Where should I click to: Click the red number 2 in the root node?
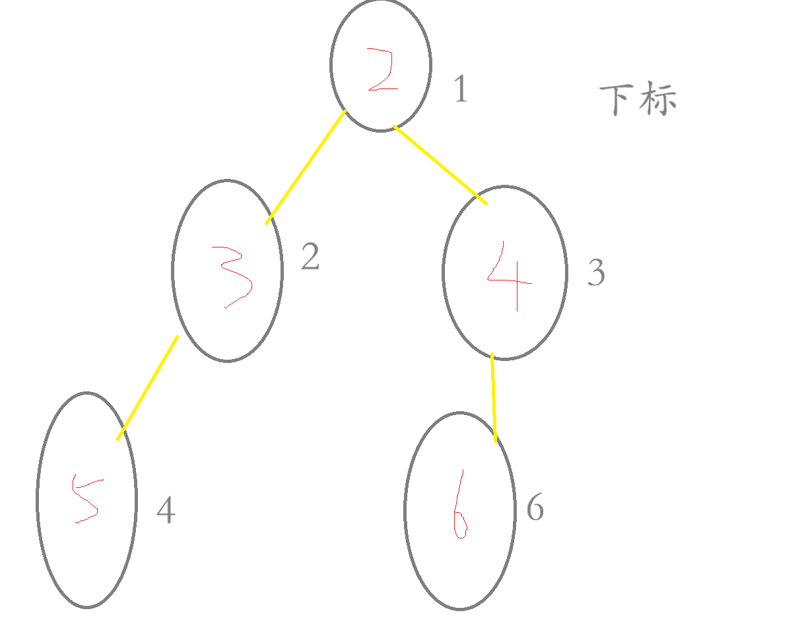tap(382, 70)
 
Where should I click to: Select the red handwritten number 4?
tap(510, 276)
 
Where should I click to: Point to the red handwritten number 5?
tap(85, 498)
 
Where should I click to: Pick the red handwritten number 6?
tap(459, 505)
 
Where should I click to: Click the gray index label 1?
tap(461, 89)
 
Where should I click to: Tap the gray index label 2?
tap(310, 257)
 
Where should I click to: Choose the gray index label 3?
tap(596, 273)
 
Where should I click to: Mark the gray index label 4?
tap(166, 511)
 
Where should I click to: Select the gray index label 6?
tap(535, 508)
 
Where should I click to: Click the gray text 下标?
tap(638, 100)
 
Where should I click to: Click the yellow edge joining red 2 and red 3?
tap(306, 168)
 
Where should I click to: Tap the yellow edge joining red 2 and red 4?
tap(440, 164)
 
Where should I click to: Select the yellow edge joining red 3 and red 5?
tap(148, 387)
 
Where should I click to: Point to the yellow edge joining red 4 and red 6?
tap(494, 397)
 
